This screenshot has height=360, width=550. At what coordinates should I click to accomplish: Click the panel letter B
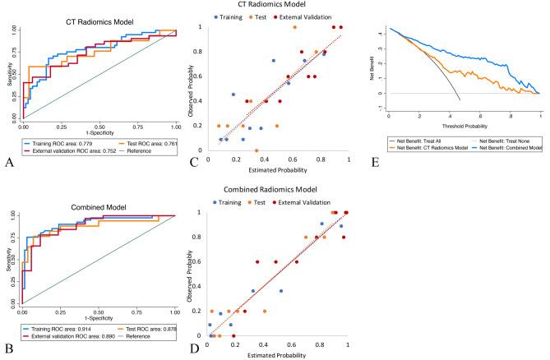pyautogui.click(x=9, y=350)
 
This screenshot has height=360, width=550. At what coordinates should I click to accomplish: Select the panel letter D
pyautogui.click(x=194, y=350)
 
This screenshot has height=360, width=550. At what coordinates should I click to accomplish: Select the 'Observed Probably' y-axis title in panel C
pyautogui.click(x=195, y=86)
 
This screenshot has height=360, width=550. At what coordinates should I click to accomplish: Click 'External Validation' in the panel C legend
pyautogui.click(x=321, y=16)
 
